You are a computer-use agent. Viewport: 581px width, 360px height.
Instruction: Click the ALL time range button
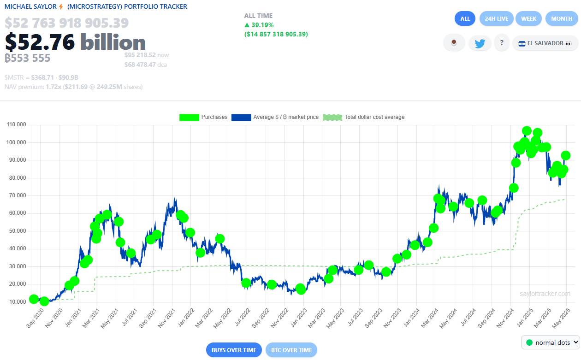pos(465,19)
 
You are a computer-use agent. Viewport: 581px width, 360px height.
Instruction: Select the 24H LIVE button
pos(496,19)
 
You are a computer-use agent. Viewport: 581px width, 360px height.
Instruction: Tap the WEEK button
pos(528,19)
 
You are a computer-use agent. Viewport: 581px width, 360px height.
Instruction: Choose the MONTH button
pos(562,19)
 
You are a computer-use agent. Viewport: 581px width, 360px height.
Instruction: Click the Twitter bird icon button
pos(480,43)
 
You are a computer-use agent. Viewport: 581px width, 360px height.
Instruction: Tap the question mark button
pos(501,43)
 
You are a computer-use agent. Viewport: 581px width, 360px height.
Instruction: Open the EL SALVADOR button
pos(545,43)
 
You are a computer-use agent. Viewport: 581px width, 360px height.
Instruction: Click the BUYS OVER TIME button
pos(234,350)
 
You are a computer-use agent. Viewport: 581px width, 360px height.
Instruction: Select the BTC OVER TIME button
pos(291,350)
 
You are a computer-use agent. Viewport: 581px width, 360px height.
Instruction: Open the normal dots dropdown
pos(550,342)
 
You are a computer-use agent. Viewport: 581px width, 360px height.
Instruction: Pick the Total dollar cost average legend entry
pos(364,117)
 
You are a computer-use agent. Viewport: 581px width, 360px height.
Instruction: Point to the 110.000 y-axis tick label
pos(16,125)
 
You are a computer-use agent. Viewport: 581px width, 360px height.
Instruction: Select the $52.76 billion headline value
pos(75,42)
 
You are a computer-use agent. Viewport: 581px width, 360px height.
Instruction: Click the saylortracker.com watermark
pos(545,294)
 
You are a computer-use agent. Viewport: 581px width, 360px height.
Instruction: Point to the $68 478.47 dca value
pos(140,65)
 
